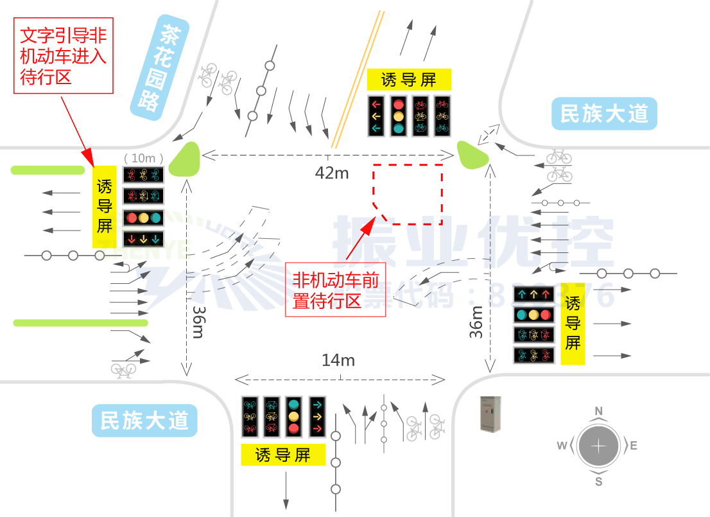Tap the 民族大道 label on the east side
[604, 114]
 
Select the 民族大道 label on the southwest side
[144, 421]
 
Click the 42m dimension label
[331, 172]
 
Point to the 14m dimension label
[338, 360]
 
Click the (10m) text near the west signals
[144, 158]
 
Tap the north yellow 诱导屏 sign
[409, 80]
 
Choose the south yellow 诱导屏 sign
[283, 455]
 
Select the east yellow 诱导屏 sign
[573, 323]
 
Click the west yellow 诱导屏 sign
[105, 206]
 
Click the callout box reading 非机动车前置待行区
[335, 290]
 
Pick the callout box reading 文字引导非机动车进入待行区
[63, 56]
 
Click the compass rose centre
[598, 446]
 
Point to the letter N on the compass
[598, 411]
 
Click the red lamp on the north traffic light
[399, 104]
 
